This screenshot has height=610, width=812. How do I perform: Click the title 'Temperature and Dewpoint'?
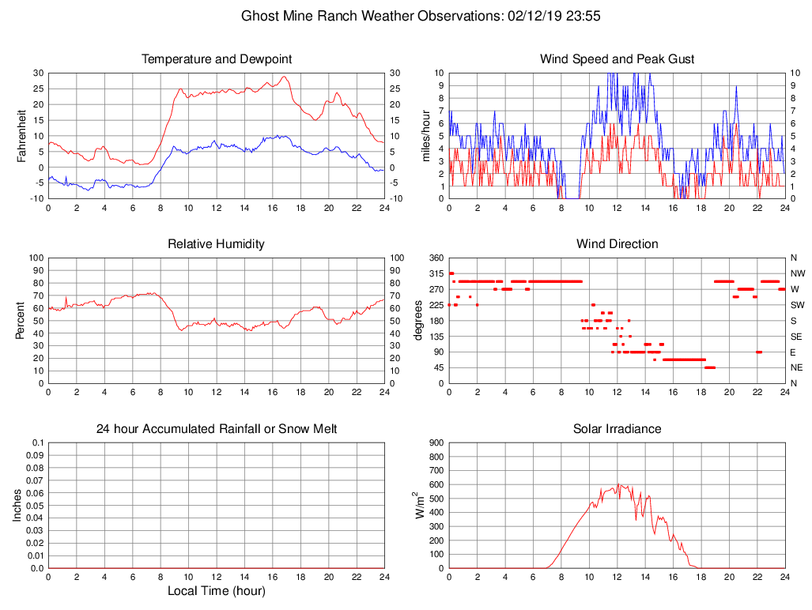coord(217,59)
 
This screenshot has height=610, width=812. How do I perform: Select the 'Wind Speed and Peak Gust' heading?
coord(617,59)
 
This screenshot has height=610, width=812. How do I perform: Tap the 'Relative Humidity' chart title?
coord(217,244)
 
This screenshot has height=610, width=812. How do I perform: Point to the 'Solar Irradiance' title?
coord(617,429)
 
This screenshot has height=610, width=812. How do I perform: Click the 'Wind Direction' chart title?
coord(617,244)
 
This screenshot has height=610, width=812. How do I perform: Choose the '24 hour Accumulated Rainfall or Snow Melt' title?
coord(217,429)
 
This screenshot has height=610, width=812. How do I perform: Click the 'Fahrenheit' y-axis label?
coord(23,135)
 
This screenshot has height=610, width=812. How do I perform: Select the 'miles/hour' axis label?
coord(426,135)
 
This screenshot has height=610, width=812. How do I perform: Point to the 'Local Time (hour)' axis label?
coord(217,591)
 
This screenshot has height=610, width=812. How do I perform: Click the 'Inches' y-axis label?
coord(17,505)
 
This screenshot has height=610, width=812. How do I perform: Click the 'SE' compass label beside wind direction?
coord(795,336)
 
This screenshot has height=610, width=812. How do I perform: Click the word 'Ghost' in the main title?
coord(259,16)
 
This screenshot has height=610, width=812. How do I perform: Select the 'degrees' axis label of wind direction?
coord(418,320)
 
